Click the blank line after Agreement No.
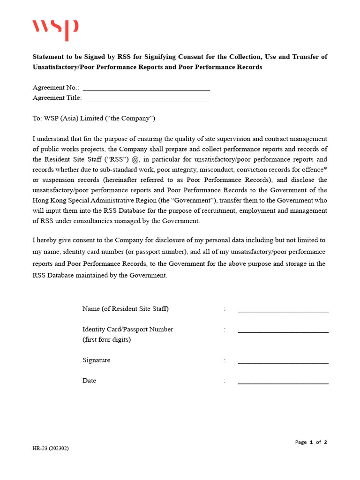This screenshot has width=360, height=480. click(x=146, y=89)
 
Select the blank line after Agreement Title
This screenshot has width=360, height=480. click(x=147, y=99)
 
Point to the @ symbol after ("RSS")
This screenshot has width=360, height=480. click(x=135, y=159)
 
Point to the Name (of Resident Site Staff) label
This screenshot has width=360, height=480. click(x=125, y=309)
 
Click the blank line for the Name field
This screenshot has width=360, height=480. click(x=283, y=311)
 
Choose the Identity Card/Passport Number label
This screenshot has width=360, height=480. click(x=127, y=330)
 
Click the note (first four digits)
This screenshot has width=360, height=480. click(x=106, y=340)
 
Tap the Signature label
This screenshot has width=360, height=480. click(x=96, y=360)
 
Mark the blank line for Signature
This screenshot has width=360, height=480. click(x=283, y=362)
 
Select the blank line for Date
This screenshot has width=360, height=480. click(x=283, y=383)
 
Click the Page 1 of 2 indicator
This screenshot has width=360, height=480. click(x=311, y=442)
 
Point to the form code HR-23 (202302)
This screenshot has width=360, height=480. click(x=51, y=449)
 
